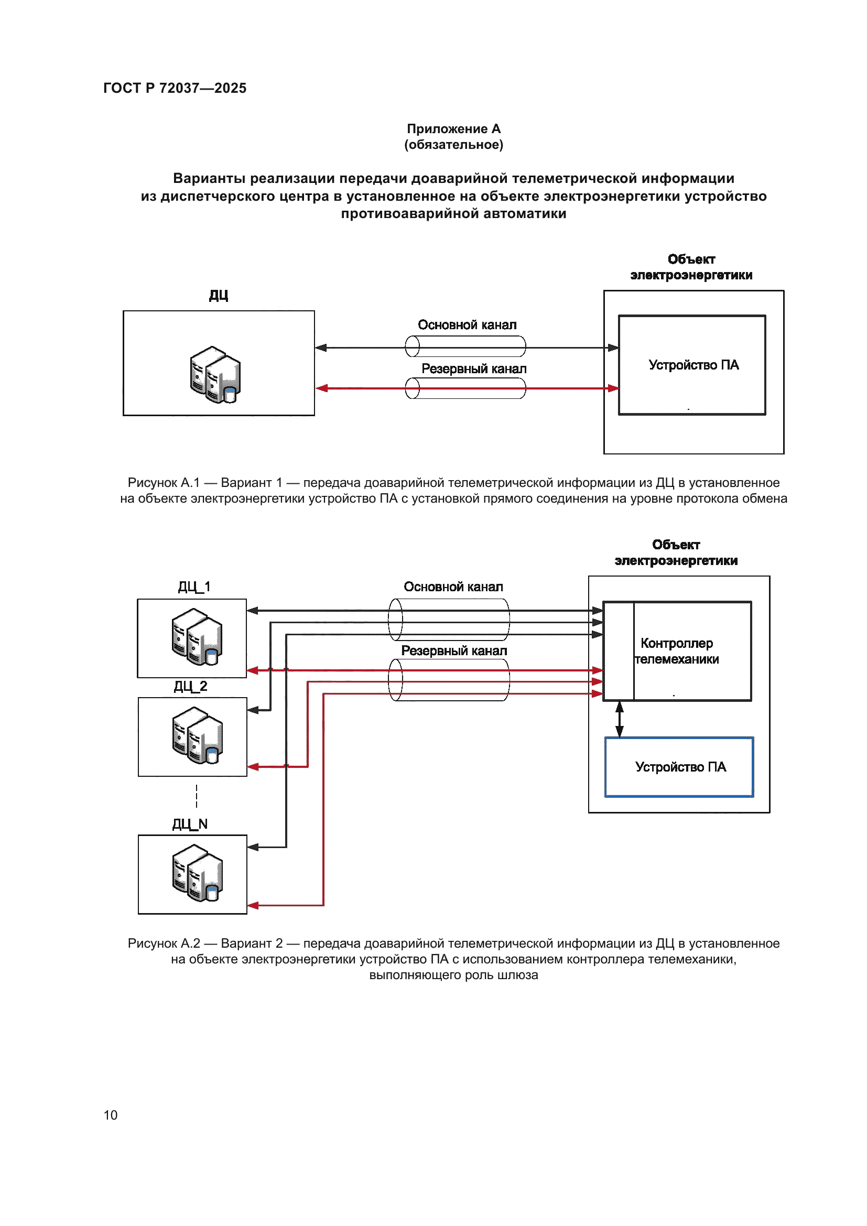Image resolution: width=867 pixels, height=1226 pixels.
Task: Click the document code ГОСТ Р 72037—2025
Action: (x=175, y=88)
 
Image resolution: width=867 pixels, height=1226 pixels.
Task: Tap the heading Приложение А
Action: (x=453, y=129)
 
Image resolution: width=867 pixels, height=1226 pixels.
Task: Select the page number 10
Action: (x=111, y=1115)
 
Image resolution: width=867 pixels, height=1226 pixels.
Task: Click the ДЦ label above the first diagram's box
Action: (x=219, y=295)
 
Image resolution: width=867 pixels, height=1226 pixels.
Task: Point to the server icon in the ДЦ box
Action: (x=215, y=374)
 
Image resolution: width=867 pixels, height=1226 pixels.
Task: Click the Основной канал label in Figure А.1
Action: (x=467, y=324)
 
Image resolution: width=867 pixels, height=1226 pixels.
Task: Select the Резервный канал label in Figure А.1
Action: (x=473, y=368)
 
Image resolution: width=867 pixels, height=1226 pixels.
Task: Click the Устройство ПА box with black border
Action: (x=692, y=365)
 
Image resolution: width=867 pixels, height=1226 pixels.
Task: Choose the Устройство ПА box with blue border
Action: (x=679, y=767)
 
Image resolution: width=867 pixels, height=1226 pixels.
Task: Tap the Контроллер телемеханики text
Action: (x=676, y=651)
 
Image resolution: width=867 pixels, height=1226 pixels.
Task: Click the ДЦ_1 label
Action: (x=194, y=587)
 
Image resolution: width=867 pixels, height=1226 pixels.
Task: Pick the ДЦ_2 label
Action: (x=191, y=686)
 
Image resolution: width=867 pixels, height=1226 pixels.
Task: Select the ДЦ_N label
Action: (x=190, y=824)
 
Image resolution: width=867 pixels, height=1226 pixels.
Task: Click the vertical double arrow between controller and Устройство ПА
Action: (x=619, y=719)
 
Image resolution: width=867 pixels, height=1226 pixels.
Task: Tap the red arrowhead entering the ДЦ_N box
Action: (x=253, y=905)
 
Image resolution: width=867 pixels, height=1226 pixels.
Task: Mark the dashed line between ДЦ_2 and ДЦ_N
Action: (x=197, y=796)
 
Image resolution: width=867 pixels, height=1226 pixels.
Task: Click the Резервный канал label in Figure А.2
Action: (x=454, y=650)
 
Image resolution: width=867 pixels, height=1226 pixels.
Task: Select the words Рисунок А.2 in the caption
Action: (x=164, y=943)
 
